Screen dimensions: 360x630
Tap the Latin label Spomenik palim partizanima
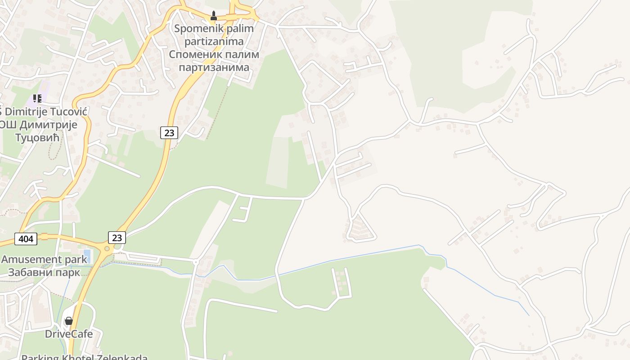[x=214, y=35]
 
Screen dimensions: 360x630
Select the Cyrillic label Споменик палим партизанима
[x=214, y=61]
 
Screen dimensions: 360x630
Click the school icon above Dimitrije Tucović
[x=37, y=98]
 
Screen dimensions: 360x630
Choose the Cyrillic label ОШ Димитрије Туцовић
[x=39, y=130]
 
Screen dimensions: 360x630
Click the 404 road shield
[x=26, y=238]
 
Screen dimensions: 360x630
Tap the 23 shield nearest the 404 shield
[x=117, y=237]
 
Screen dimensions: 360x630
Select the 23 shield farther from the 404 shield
[x=169, y=132]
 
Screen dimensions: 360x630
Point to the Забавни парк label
[x=44, y=272]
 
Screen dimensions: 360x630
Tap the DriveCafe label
[x=69, y=334]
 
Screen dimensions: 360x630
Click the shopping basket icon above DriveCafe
[x=69, y=321]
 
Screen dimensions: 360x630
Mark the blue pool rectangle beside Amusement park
[x=87, y=256]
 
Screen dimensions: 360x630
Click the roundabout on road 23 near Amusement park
[x=107, y=248]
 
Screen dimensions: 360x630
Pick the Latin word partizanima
[x=214, y=41]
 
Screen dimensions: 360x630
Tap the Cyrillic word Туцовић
[x=38, y=137]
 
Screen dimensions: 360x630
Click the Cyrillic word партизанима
[x=214, y=67]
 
